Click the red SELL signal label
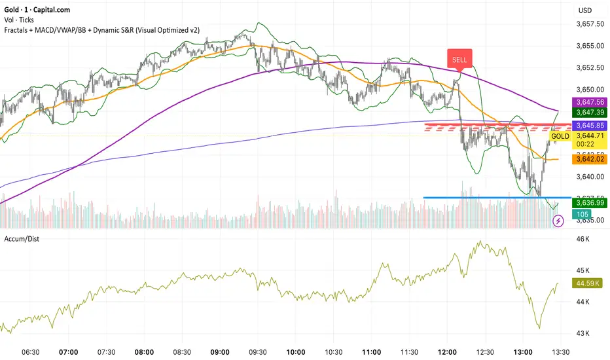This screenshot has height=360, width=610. click(459, 59)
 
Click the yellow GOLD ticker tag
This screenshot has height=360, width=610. click(560, 136)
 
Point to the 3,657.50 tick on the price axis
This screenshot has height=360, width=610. click(588, 24)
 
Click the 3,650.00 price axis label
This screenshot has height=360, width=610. click(588, 89)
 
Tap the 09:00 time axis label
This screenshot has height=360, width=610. click(220, 351)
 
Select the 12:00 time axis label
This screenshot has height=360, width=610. click(448, 351)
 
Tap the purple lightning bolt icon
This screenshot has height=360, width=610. click(558, 222)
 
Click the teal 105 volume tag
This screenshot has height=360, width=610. click(581, 215)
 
